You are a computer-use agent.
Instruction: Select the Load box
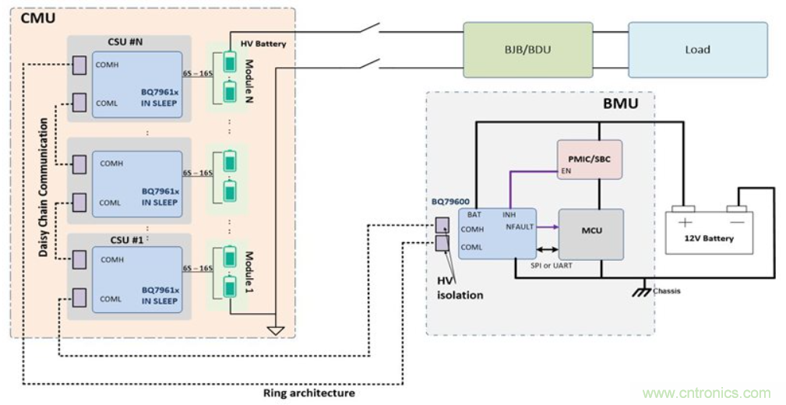[x=697, y=49]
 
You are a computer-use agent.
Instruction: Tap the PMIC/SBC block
[x=589, y=159]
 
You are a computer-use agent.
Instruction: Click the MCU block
[x=590, y=231]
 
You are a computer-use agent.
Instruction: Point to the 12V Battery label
[x=707, y=238]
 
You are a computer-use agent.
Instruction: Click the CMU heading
[x=33, y=17]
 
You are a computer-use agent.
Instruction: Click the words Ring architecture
[x=308, y=393]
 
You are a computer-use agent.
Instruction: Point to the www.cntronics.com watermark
[x=706, y=393]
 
